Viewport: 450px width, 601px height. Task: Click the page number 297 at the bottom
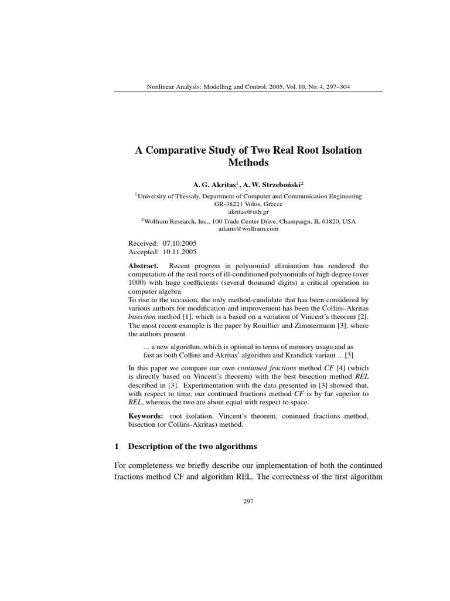point(248,502)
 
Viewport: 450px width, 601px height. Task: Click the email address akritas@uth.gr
point(248,212)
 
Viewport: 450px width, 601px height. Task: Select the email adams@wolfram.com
point(248,229)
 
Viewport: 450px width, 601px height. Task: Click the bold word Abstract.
point(144,265)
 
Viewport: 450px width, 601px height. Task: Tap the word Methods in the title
point(248,163)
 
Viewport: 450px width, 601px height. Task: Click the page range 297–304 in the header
point(336,87)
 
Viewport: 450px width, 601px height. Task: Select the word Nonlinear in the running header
point(160,87)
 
